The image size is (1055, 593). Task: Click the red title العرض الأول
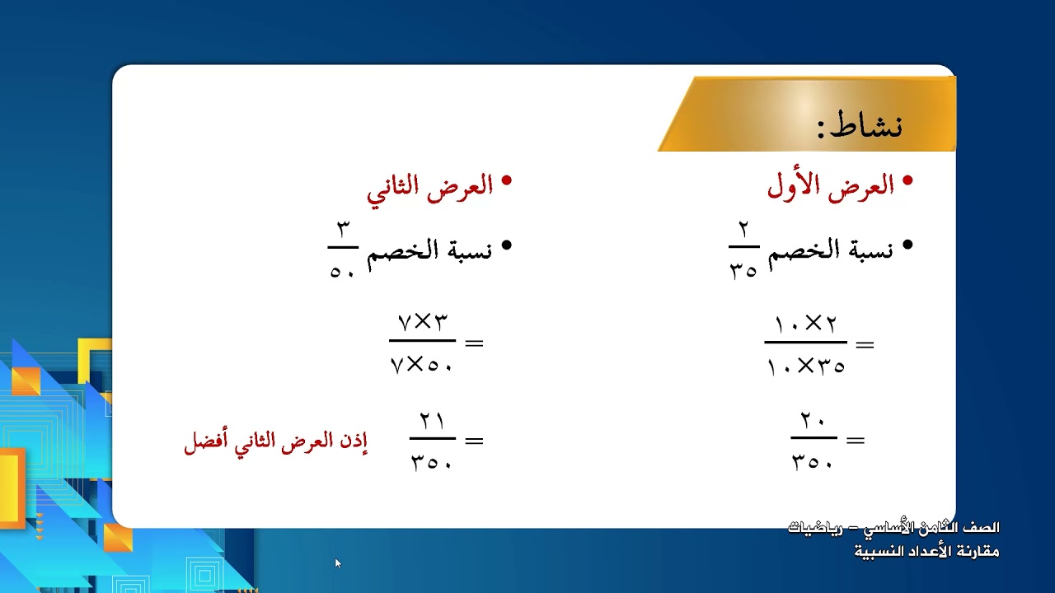click(831, 187)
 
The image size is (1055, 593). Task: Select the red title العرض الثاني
click(429, 187)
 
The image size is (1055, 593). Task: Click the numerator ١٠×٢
click(805, 324)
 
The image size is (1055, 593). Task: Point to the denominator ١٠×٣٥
click(805, 366)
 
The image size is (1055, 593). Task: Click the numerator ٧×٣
click(422, 322)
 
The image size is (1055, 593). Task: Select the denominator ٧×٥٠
click(422, 362)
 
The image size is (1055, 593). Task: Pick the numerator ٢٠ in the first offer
click(814, 422)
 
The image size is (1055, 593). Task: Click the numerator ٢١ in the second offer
click(432, 421)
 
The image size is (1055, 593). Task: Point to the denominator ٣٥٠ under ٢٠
click(813, 461)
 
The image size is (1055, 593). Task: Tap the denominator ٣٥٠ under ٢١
click(432, 461)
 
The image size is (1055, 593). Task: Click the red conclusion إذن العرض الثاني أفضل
click(275, 442)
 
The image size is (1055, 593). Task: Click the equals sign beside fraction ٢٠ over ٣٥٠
click(856, 441)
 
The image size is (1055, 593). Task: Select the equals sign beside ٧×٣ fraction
click(474, 343)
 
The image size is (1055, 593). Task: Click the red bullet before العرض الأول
click(908, 180)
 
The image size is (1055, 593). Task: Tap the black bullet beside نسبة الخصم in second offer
click(506, 245)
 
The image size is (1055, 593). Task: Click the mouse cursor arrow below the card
click(337, 563)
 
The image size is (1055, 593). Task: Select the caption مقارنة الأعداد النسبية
click(926, 551)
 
